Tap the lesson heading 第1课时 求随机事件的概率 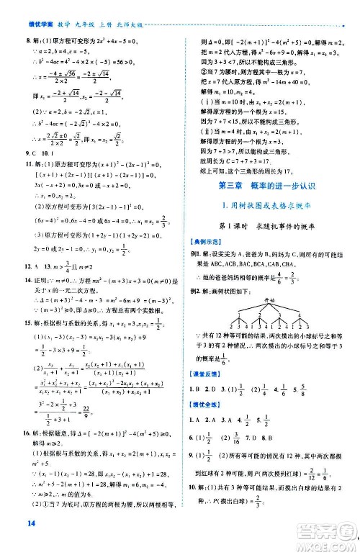point(269,226)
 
